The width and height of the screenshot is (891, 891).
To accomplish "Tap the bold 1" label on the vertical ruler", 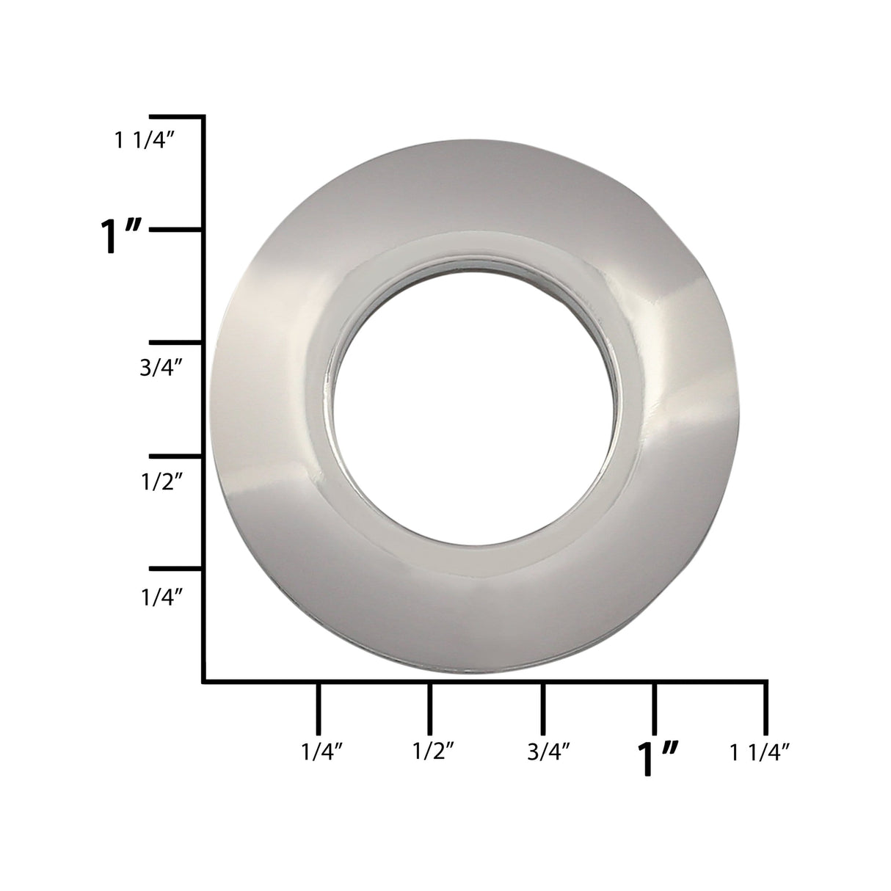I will [x=122, y=237].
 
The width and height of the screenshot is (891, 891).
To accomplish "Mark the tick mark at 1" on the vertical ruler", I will [x=176, y=230].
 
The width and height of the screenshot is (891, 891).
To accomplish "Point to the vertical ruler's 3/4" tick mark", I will [x=176, y=343].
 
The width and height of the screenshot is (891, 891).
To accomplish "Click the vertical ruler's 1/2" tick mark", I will [x=176, y=456].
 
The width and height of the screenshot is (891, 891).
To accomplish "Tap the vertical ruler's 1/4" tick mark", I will [x=176, y=569].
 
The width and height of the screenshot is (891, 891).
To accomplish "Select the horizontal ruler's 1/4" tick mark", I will [x=318, y=708].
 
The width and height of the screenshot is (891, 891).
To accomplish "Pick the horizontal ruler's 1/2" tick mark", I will [x=430, y=708].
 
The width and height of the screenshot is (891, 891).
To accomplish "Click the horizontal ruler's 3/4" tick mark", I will [x=542, y=708].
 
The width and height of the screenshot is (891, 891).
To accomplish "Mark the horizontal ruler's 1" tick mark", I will [x=655, y=708].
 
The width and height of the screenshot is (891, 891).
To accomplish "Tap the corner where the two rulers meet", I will [x=203, y=682].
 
